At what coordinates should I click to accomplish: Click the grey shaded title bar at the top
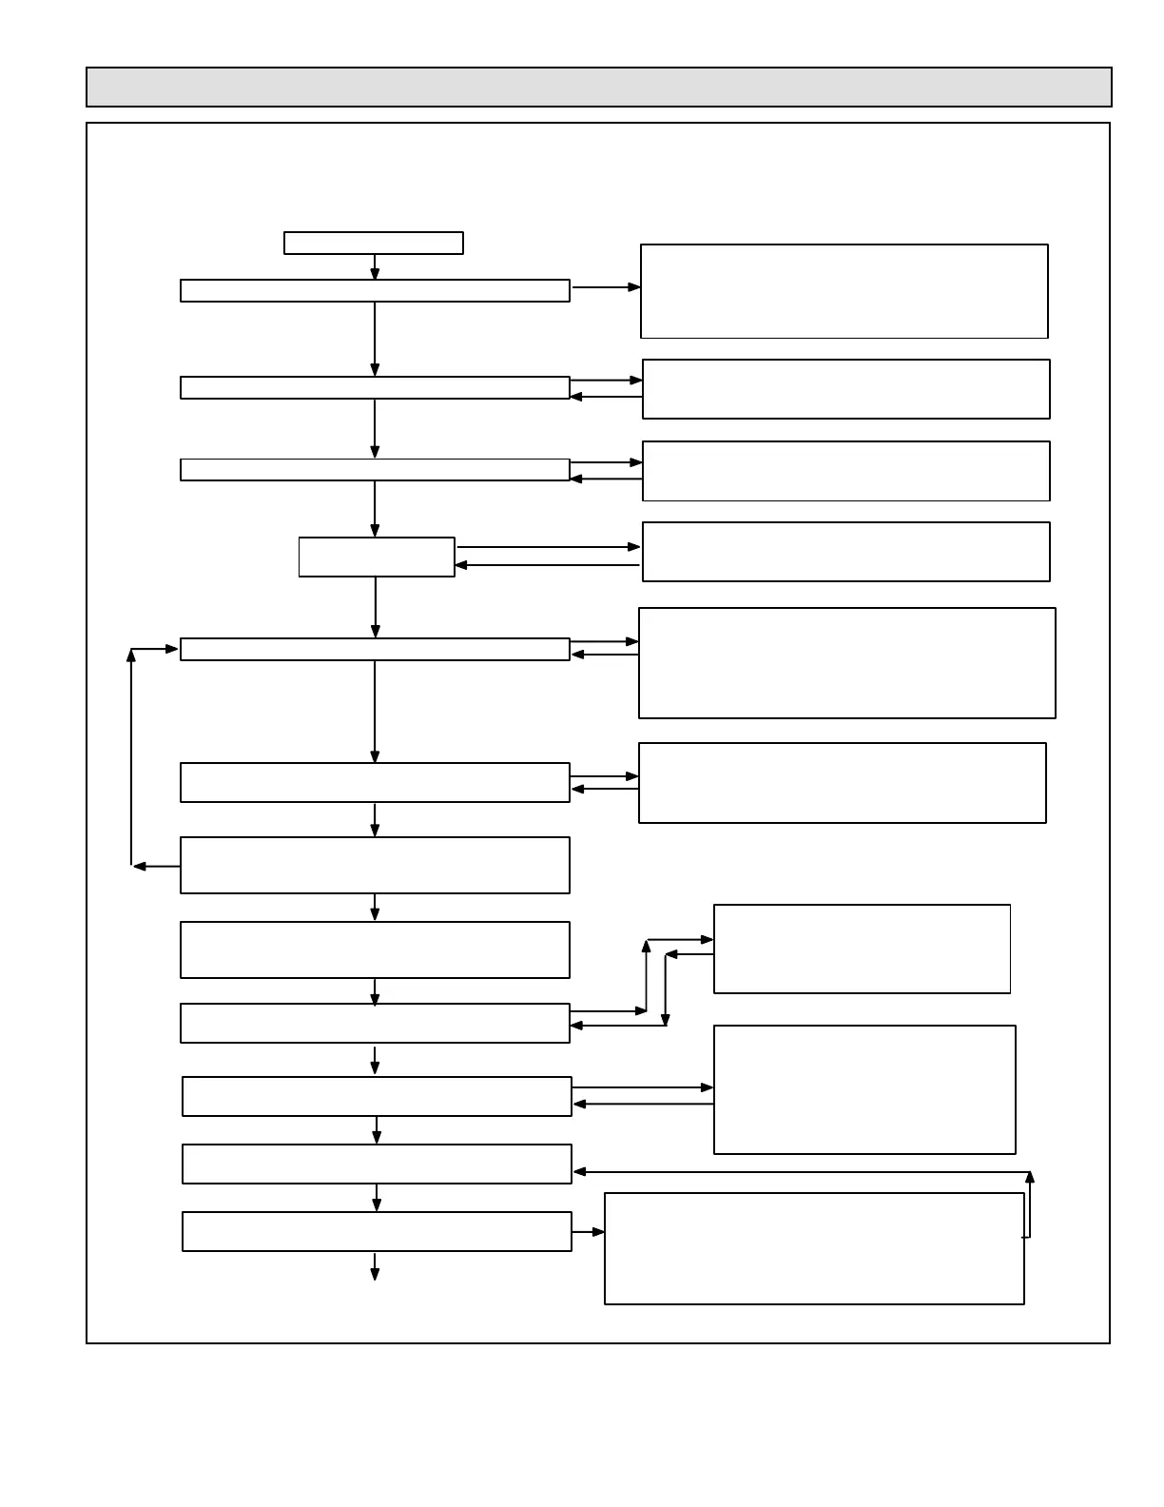click(x=598, y=87)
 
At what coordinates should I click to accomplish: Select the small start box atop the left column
click(x=373, y=243)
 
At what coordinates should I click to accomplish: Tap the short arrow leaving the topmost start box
click(x=375, y=267)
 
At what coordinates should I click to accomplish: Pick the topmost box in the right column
click(x=844, y=291)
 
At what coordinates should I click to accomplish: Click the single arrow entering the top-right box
click(x=606, y=286)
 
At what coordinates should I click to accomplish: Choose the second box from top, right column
click(x=845, y=388)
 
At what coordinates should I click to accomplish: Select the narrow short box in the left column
click(x=377, y=557)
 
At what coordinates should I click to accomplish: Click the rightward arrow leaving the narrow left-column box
click(x=549, y=547)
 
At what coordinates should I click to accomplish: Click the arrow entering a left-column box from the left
click(x=156, y=649)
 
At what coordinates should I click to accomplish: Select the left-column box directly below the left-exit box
click(x=375, y=949)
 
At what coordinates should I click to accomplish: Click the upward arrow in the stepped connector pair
click(x=647, y=974)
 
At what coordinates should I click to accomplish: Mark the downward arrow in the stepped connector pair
click(x=665, y=989)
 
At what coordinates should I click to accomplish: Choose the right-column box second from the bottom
click(x=863, y=1089)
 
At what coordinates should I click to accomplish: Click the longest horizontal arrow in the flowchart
click(x=801, y=1171)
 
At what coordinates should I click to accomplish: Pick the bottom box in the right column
click(x=814, y=1248)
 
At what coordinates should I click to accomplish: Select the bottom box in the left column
click(x=377, y=1231)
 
